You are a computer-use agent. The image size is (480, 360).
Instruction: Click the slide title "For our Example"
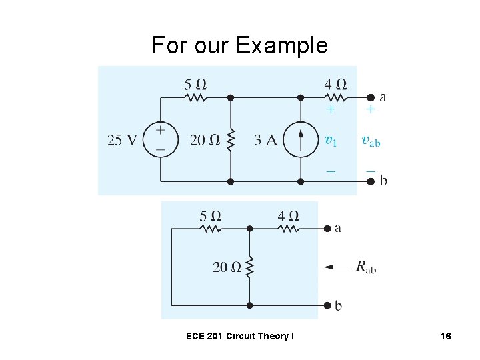click(240, 45)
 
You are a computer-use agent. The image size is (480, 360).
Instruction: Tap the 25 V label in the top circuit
click(122, 140)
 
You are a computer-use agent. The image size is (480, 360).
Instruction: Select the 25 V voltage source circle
click(161, 139)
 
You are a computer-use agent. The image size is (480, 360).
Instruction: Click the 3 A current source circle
click(301, 139)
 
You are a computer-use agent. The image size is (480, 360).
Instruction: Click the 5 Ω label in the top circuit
click(195, 85)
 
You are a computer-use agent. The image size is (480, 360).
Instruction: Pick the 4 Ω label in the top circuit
click(335, 85)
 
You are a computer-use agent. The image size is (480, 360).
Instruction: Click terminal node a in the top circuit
click(371, 97)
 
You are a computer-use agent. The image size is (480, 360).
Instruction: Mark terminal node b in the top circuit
click(371, 181)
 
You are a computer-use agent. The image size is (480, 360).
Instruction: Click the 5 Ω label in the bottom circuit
click(211, 216)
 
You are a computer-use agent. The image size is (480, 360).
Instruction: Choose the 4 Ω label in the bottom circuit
click(288, 216)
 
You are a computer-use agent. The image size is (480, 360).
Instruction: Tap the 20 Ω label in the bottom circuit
click(227, 267)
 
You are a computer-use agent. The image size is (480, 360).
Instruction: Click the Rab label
click(366, 267)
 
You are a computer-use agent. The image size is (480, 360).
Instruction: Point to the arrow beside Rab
click(337, 267)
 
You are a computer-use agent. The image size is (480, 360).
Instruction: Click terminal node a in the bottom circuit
click(327, 228)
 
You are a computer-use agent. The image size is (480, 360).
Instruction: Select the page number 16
click(446, 337)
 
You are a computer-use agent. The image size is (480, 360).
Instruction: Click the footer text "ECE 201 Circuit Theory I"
click(239, 337)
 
